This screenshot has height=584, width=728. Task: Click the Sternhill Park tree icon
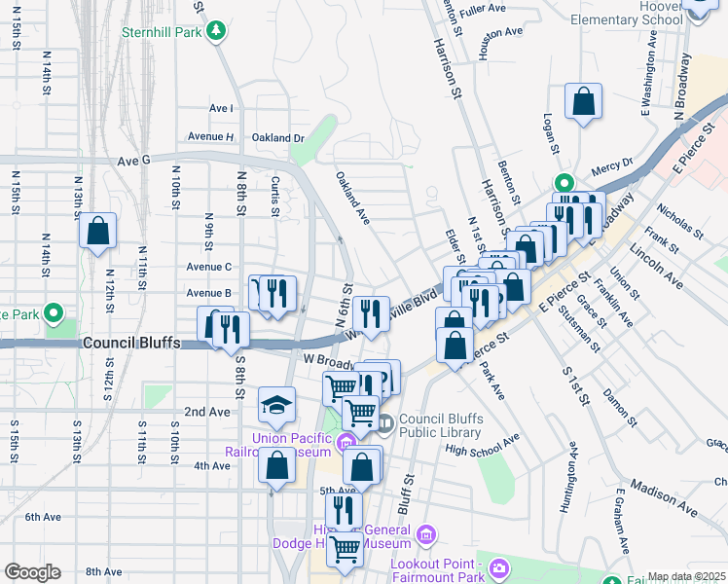coord(213,31)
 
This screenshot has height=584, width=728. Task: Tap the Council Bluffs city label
coord(130,344)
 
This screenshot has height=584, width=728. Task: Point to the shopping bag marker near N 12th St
coord(98,232)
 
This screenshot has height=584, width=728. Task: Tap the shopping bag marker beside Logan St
coord(583,101)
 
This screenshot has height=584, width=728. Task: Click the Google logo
coord(31,572)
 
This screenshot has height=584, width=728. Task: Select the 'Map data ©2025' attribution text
coord(687,576)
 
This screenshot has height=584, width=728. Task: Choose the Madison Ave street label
coord(664,489)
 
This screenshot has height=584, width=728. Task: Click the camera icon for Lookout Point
coord(498,566)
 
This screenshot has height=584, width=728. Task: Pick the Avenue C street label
coord(208,267)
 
